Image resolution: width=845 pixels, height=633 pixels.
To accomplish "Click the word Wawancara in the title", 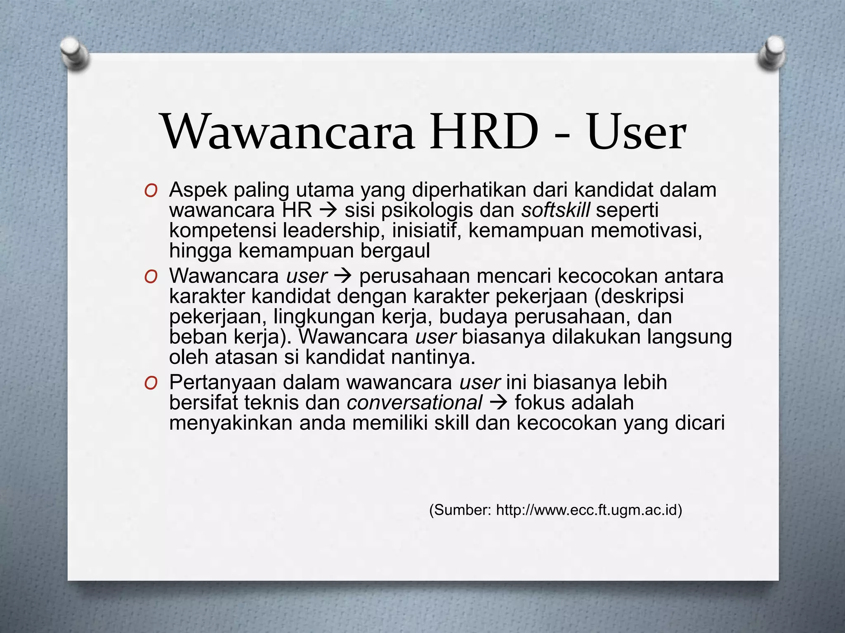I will (289, 132).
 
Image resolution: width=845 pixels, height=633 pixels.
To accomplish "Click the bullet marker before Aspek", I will (151, 191).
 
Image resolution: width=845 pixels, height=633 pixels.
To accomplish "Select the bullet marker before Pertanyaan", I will (151, 384).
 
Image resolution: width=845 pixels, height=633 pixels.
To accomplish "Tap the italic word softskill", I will (555, 210).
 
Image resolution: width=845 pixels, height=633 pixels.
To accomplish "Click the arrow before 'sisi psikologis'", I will (328, 211).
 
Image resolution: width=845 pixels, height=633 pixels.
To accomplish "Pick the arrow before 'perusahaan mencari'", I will (343, 277).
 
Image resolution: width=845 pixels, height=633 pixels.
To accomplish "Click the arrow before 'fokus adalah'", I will (498, 403).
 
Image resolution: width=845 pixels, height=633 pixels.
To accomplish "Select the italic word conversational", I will (414, 403).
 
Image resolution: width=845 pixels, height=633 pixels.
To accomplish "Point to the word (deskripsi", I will (639, 296).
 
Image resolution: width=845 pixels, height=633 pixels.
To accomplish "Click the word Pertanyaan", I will (223, 383).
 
